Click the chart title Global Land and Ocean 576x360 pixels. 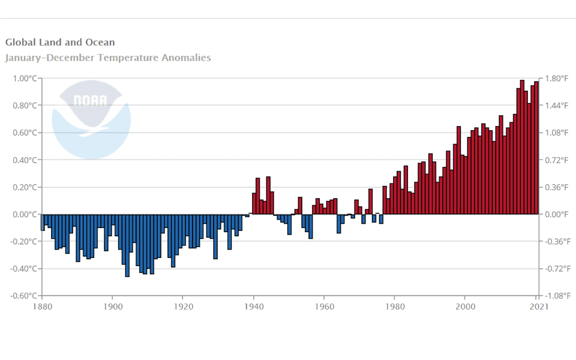click(60, 43)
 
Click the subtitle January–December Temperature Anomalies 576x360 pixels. click(108, 58)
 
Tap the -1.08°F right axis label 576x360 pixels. click(557, 296)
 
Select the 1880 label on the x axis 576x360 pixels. click(42, 307)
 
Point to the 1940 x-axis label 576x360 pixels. click(254, 307)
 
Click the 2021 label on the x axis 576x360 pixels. click(538, 307)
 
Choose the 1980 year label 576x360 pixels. click(395, 307)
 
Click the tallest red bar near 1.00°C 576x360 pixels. click(522, 147)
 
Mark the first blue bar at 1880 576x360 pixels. click(43, 222)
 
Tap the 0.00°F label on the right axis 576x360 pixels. click(556, 214)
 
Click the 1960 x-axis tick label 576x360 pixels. click(325, 307)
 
